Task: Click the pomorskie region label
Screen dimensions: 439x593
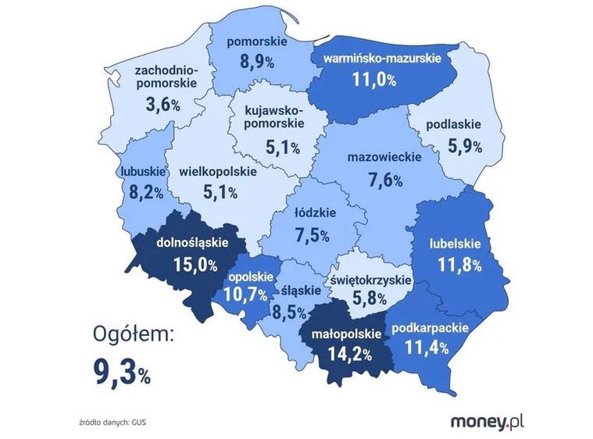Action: pyautogui.click(x=257, y=42)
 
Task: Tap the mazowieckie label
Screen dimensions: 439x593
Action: pyautogui.click(x=383, y=158)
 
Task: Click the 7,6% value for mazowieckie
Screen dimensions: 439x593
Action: pyautogui.click(x=384, y=180)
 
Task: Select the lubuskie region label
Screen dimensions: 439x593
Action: pyautogui.click(x=142, y=171)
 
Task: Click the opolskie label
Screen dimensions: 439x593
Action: pyautogui.click(x=250, y=277)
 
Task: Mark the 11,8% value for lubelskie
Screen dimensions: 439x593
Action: pyautogui.click(x=459, y=265)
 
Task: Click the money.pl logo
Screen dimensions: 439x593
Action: pyautogui.click(x=487, y=423)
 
